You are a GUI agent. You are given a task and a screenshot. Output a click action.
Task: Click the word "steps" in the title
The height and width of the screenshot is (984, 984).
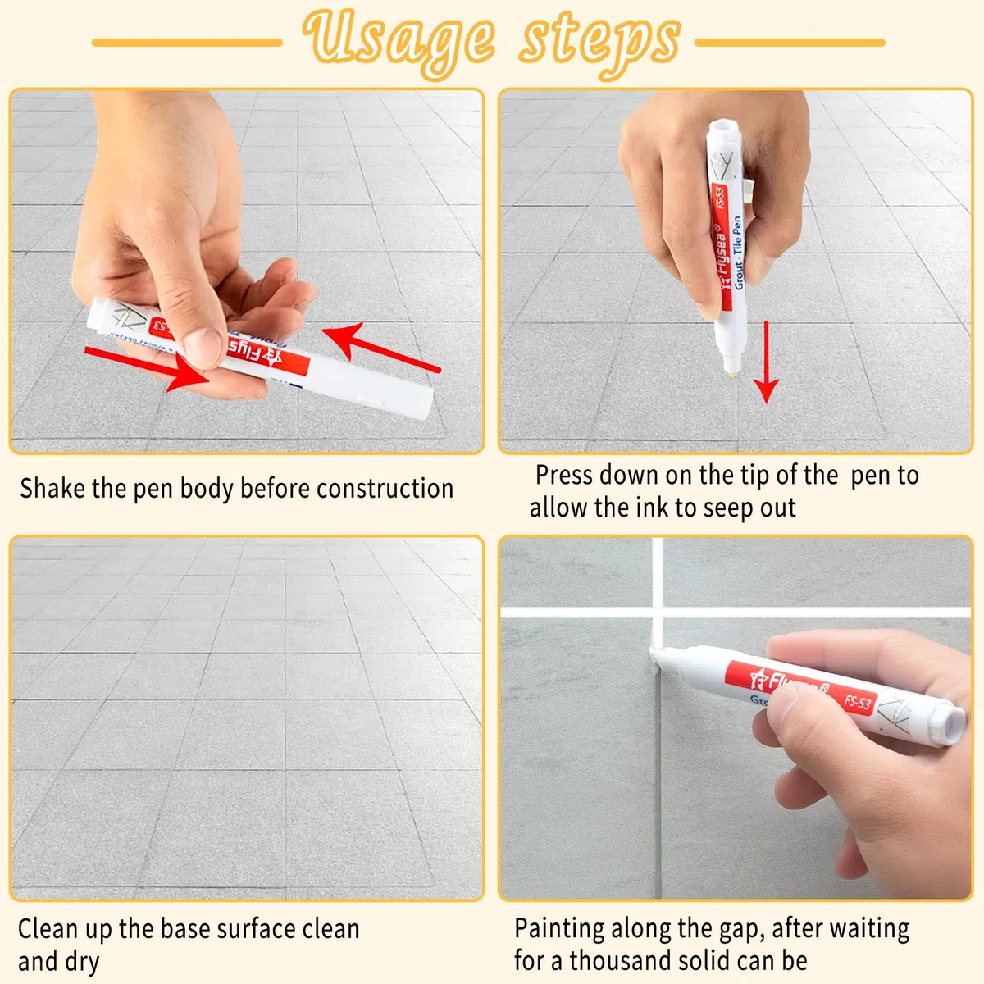tap(599, 45)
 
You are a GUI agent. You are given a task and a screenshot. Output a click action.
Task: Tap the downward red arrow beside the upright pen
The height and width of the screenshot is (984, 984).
tap(766, 362)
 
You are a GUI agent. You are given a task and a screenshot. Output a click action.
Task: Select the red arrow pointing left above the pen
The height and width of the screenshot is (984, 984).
tap(381, 347)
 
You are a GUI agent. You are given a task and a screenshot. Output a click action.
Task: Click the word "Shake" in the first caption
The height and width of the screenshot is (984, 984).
tap(52, 488)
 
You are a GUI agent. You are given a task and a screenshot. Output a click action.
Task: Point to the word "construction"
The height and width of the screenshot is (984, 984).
tap(385, 489)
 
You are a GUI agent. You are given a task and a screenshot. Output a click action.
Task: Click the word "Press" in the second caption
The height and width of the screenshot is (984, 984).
tap(565, 475)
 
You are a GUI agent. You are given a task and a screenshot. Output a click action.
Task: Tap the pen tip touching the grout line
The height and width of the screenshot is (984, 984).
tap(654, 654)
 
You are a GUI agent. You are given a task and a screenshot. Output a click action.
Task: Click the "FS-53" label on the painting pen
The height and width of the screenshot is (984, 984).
tap(858, 703)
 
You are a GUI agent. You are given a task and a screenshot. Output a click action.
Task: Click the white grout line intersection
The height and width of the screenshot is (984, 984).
tap(658, 612)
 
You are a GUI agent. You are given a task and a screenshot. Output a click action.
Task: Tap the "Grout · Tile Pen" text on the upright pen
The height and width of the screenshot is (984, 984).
tap(737, 253)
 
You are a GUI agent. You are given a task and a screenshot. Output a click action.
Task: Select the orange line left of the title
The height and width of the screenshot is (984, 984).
tap(187, 43)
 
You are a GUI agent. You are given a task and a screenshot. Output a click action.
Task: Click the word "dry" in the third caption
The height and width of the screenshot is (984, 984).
tap(80, 962)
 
